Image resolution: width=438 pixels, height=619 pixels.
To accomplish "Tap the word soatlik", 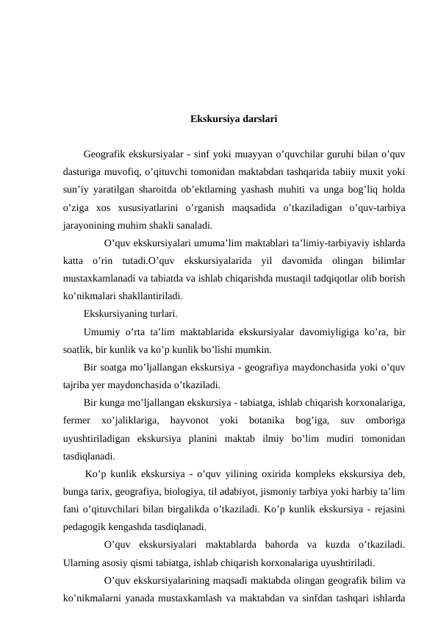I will (77, 350).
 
